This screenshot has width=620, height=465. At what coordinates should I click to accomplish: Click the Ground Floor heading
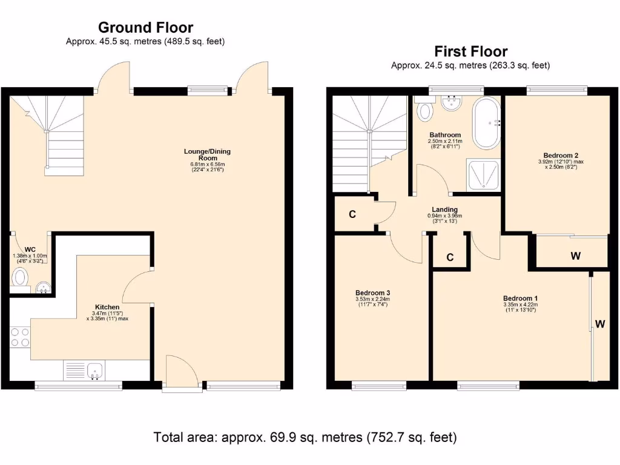(145, 27)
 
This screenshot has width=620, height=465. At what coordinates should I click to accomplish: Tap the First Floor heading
(470, 51)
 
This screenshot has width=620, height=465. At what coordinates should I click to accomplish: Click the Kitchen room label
(107, 307)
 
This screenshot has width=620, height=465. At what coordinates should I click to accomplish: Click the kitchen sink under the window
(94, 369)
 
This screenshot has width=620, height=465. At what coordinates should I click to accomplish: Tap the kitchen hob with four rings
(20, 337)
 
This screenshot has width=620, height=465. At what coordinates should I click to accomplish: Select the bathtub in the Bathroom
(486, 122)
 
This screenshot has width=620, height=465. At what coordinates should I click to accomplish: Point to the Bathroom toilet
(426, 110)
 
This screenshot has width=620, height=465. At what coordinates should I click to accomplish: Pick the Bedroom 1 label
(520, 298)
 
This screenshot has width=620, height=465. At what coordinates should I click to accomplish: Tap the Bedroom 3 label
(372, 293)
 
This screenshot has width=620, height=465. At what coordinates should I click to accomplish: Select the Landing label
(445, 209)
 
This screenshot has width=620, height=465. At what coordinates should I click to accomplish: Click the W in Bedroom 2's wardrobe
(575, 256)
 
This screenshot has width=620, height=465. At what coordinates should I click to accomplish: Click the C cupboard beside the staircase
(352, 214)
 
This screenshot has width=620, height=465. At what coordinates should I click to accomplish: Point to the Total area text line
(305, 437)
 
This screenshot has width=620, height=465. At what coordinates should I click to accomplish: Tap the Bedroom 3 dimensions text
(372, 302)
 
